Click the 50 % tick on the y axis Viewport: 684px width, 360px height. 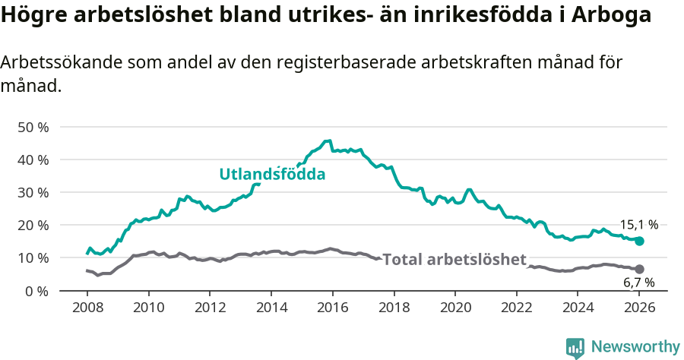point(33,127)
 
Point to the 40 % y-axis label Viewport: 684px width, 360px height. point(33,159)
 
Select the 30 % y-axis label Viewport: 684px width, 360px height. point(33,192)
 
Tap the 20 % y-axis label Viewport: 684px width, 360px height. point(33,226)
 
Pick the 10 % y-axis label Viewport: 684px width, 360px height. point(33,258)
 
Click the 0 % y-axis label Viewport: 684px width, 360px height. point(36,291)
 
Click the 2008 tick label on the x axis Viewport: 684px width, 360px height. point(87,308)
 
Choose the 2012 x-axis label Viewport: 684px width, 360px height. point(210,308)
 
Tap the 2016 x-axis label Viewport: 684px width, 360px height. point(332,308)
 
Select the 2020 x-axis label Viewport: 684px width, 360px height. point(455,308)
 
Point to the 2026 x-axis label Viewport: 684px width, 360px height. point(639,308)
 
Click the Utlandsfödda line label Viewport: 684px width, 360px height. point(272,174)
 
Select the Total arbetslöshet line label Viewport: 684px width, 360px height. point(454,260)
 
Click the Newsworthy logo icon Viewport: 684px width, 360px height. point(575,347)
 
